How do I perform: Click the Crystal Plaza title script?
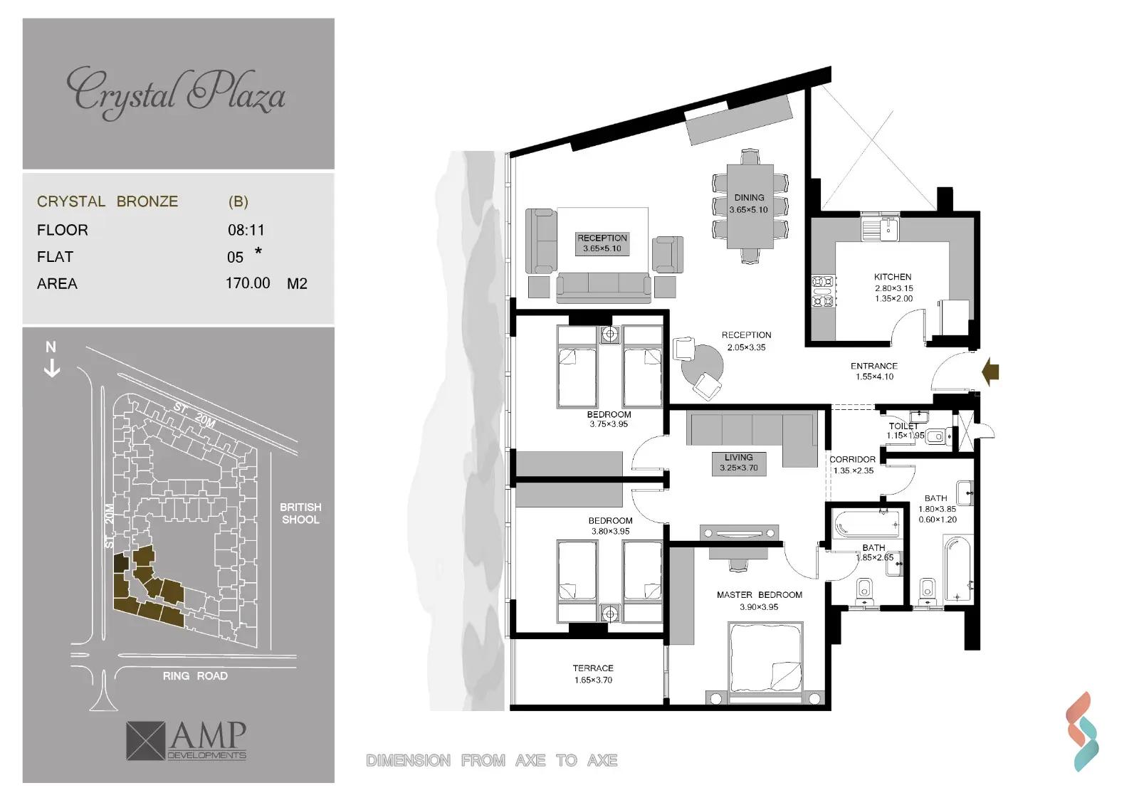pos(176,93)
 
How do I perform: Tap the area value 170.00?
pos(248,283)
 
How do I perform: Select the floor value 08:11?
pos(246,230)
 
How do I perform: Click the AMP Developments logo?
pos(187,740)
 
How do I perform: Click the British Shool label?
pos(300,513)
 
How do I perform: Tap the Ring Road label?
pos(195,676)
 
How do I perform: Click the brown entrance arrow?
pos(990,371)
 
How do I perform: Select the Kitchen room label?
pos(893,277)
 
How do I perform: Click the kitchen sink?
pos(880,229)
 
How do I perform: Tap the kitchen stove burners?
pos(823,291)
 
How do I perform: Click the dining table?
pos(750,206)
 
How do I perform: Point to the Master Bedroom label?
pos(759,595)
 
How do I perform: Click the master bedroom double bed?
pos(765,662)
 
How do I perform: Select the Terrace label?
pos(592,668)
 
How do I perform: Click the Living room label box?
pos(738,463)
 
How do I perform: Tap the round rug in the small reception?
pos(701,364)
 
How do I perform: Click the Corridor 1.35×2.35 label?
pos(852,465)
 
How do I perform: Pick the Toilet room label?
pos(903,426)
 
